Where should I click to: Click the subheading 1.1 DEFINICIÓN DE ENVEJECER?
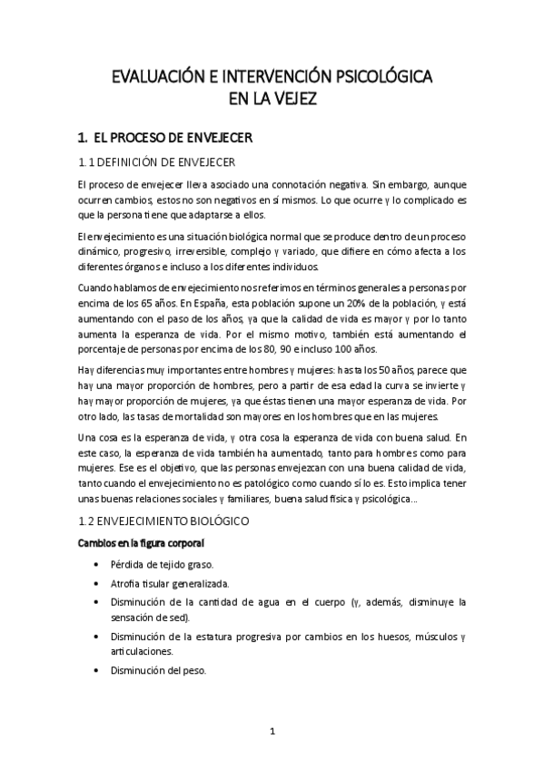(156, 163)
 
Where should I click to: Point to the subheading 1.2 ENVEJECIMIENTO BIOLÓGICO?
(170, 522)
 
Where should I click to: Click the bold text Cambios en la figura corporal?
(140, 543)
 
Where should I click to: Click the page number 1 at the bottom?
(272, 730)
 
